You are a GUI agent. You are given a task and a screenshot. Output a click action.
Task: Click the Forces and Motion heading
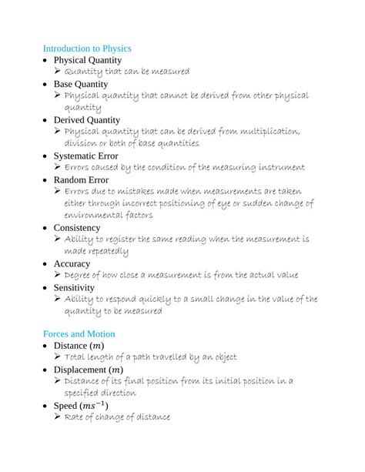[79, 334]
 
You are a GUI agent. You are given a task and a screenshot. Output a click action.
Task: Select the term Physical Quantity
[88, 59]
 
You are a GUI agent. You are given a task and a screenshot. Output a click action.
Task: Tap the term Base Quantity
[81, 83]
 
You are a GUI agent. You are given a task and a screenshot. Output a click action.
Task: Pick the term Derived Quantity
[87, 119]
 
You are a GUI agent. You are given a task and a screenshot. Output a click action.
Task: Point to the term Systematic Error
[85, 155]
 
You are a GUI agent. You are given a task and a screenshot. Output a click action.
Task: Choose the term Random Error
[80, 179]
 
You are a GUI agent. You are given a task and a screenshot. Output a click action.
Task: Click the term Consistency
[77, 227]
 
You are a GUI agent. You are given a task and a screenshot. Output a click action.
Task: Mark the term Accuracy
[72, 263]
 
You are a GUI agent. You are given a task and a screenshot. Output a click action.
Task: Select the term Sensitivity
[74, 287]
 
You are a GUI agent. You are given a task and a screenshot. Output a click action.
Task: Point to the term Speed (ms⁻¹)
[81, 405]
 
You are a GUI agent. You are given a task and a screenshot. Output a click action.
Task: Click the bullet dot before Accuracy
[45, 263]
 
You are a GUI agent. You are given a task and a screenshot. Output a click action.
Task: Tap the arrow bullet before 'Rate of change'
[58, 417]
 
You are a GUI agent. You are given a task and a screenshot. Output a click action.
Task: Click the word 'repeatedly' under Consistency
[108, 252]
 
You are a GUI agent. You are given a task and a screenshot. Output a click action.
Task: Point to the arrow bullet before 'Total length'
[58, 357]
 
